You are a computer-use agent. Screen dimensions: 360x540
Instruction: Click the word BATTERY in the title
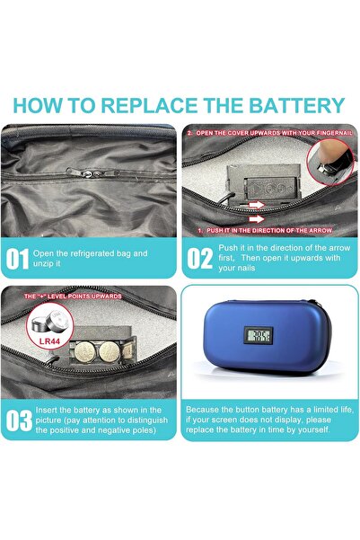coord(296,105)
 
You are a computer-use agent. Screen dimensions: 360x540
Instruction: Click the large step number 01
coord(17,259)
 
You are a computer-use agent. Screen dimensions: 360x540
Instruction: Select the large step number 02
coord(199,259)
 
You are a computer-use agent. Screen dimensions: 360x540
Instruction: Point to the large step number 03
coord(19,420)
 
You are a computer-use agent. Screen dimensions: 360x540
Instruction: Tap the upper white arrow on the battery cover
coord(257,205)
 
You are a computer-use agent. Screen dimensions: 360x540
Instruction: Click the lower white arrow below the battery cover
coord(257,218)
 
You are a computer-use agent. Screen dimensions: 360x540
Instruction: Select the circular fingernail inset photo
coord(329,162)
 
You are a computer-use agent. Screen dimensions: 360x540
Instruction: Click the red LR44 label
coord(49,341)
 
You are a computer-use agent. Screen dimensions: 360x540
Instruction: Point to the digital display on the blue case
coord(259,335)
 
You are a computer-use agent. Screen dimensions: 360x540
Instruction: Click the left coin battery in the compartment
coord(84,351)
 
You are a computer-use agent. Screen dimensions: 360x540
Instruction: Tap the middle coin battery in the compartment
coord(110,351)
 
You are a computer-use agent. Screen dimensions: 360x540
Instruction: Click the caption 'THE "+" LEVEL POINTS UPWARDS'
coord(73,297)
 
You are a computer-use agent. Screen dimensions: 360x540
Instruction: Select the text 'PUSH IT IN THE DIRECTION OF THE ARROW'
coord(266,230)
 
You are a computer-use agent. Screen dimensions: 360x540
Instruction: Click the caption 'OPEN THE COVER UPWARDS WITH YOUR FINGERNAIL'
coord(270,133)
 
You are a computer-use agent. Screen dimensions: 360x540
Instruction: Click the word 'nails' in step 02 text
coord(246,268)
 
